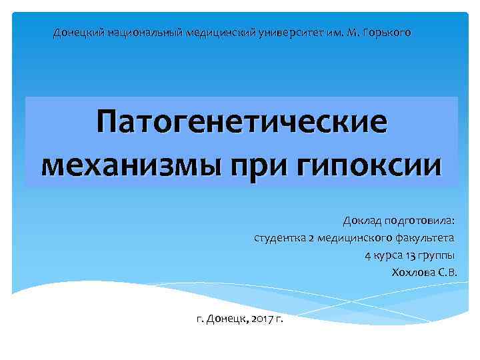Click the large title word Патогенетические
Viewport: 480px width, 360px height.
[241, 123]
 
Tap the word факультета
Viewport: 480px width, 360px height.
[425, 238]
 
